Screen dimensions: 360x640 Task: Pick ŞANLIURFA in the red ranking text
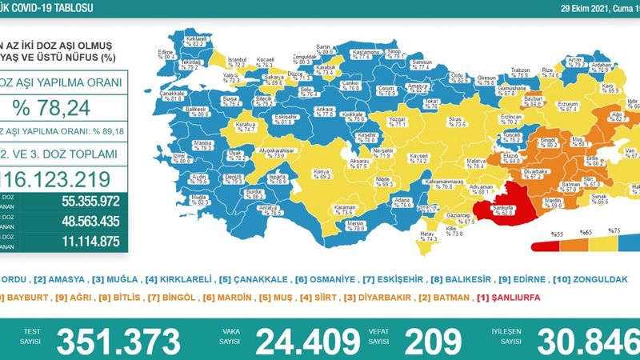click(x=509, y=297)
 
